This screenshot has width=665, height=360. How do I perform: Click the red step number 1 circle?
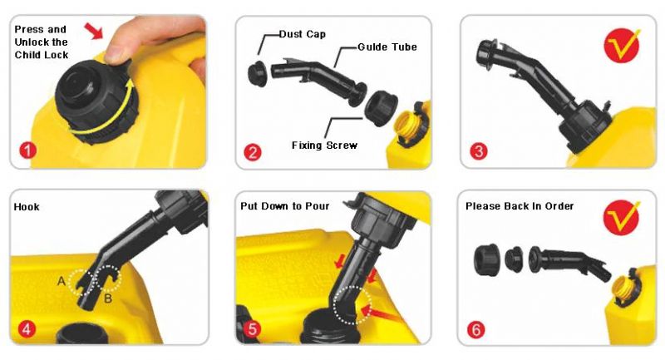[27, 150]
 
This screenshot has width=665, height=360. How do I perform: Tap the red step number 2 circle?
[253, 152]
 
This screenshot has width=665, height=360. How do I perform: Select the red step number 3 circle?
[479, 151]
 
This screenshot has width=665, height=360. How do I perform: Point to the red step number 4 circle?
[27, 328]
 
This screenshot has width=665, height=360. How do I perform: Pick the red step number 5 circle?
[253, 329]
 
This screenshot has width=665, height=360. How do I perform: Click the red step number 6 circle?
[475, 329]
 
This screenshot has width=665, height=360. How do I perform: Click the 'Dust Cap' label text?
[303, 34]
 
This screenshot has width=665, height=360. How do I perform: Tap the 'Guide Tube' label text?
[387, 47]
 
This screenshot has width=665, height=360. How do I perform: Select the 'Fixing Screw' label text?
[324, 145]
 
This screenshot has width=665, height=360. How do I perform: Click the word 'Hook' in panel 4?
[27, 207]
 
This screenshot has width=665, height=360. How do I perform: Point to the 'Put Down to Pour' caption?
[284, 206]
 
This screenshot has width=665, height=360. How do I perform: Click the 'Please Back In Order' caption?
[520, 206]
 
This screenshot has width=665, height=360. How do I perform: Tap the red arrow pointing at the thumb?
[94, 31]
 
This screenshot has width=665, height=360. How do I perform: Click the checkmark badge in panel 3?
[621, 46]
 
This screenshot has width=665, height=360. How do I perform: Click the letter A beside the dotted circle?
[62, 281]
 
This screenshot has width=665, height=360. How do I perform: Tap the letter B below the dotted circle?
[108, 298]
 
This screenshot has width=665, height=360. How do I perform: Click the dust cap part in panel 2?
[258, 74]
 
